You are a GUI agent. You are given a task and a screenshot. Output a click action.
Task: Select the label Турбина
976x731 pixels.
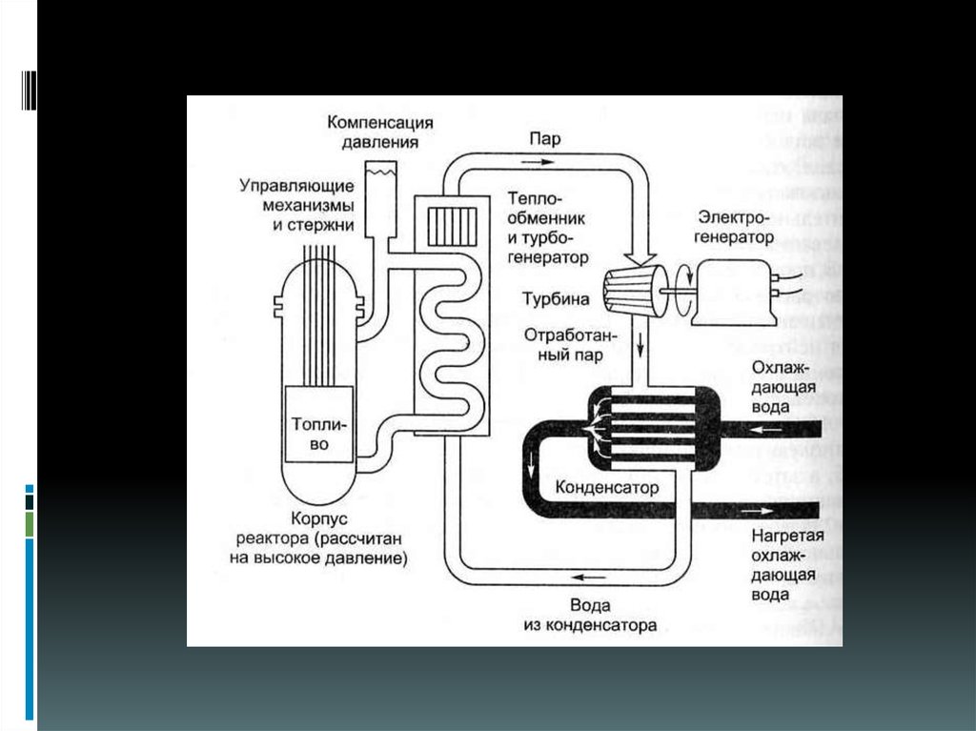556,299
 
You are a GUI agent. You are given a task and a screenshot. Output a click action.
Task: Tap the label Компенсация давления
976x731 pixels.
380,132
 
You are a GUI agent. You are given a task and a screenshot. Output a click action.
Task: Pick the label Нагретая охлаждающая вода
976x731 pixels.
783,564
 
